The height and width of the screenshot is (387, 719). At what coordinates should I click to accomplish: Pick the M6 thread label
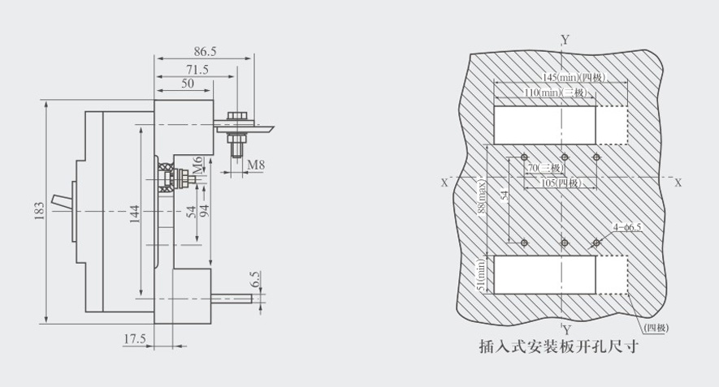click(197, 170)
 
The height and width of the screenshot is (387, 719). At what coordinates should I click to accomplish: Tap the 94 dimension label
click(205, 213)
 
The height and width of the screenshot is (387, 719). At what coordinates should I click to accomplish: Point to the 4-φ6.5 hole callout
click(627, 228)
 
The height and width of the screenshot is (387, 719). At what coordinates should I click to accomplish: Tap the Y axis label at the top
click(565, 38)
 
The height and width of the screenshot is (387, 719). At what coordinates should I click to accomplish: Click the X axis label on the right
click(678, 183)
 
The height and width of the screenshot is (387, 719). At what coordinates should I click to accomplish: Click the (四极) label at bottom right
click(656, 327)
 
